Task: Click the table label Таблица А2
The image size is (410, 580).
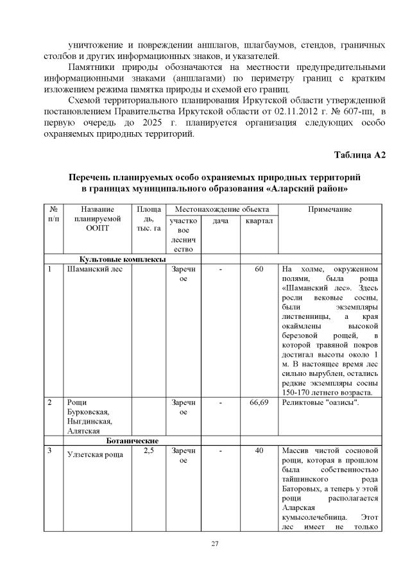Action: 359,157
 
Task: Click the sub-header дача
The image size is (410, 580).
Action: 220,221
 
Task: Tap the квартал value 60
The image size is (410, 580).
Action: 259,269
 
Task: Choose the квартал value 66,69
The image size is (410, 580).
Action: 259,402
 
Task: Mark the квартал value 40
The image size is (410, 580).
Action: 259,451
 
